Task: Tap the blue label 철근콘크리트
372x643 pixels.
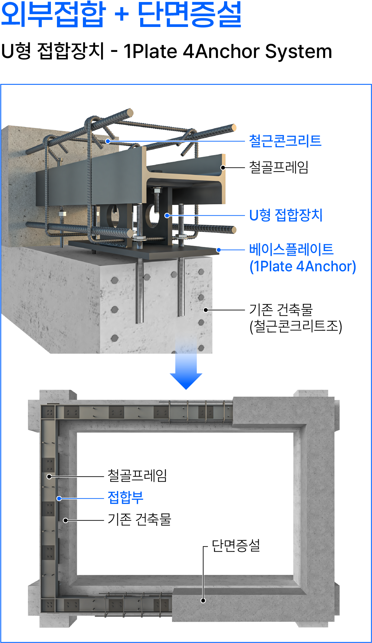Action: [x=285, y=141]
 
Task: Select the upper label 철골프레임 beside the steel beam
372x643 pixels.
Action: [x=279, y=167]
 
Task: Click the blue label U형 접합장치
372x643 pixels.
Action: [x=286, y=215]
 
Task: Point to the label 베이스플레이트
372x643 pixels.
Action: [x=291, y=250]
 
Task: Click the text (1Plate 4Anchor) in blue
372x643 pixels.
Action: [x=303, y=266]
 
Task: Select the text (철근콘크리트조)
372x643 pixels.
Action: [x=296, y=326]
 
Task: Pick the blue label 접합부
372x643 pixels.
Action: [x=125, y=498]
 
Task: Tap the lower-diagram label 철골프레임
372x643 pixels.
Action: [x=137, y=476]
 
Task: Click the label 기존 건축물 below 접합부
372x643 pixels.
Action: [x=139, y=520]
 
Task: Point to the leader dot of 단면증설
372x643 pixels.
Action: [x=203, y=600]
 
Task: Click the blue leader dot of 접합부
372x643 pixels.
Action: [x=59, y=498]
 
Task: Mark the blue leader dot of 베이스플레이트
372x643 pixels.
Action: [x=219, y=250]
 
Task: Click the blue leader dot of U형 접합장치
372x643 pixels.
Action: [x=167, y=215]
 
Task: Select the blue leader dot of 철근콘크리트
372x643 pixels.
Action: [x=108, y=141]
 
